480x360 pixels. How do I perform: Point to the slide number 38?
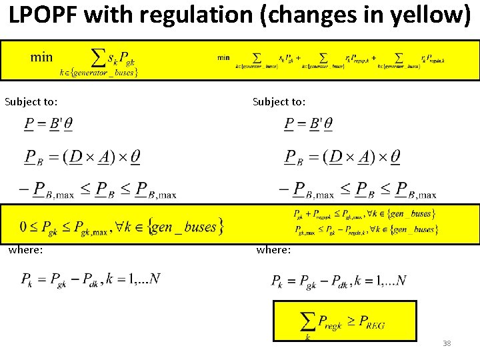point(447,343)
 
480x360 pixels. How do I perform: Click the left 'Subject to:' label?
point(31,102)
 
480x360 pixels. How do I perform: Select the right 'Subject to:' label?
point(279,102)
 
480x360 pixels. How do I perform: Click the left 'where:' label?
point(25,249)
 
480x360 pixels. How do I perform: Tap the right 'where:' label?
point(273,250)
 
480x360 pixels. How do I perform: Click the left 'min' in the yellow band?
point(41,57)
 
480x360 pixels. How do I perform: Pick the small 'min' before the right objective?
point(223,57)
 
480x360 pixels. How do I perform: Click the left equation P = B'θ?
point(49,124)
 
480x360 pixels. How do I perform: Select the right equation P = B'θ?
point(308,124)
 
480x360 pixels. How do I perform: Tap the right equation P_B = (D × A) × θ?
point(342,157)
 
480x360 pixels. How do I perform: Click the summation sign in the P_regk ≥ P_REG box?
point(308,322)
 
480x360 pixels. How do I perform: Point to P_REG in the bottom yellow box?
point(371,324)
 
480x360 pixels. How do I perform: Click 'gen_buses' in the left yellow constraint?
point(184,227)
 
